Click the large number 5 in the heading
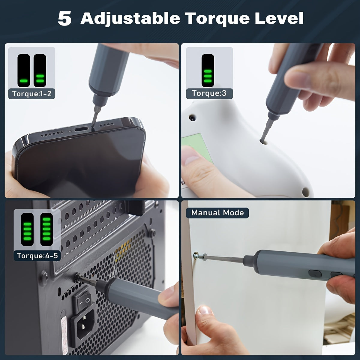[64, 19]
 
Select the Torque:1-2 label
[32, 94]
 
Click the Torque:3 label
[209, 93]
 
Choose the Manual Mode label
[217, 213]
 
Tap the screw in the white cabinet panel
[196, 256]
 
